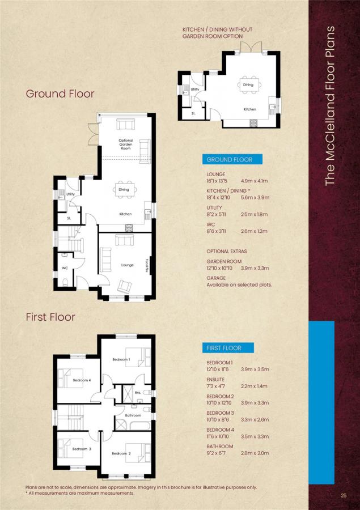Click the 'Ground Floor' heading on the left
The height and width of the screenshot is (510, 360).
(x=60, y=93)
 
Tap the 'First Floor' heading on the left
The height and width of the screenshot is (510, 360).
(x=50, y=317)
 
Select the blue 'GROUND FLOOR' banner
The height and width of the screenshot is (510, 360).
(x=232, y=159)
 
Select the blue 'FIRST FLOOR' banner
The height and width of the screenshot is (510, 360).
(x=228, y=348)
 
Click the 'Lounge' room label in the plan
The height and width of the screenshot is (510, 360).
(x=127, y=265)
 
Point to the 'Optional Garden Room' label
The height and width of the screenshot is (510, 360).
(x=126, y=144)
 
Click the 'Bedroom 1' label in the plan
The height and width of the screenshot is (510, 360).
(x=121, y=359)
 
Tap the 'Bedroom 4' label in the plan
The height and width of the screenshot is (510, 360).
(x=82, y=380)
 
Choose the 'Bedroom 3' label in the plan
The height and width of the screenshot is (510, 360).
(x=82, y=449)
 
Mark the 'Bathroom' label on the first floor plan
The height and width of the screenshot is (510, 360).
(x=133, y=415)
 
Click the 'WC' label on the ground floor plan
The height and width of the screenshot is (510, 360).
(x=65, y=268)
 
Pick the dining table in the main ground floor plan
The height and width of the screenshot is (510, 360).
(x=124, y=190)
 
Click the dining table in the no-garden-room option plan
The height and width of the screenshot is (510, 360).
(x=248, y=85)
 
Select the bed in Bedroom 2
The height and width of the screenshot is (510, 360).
(x=138, y=453)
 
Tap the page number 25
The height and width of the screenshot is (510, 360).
(x=344, y=496)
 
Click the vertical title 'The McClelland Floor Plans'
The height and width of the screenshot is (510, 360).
(x=330, y=106)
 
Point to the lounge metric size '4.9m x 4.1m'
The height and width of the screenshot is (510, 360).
(x=254, y=181)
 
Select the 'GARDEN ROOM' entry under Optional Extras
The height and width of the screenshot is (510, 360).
(x=225, y=261)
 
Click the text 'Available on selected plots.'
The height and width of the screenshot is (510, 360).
(x=239, y=284)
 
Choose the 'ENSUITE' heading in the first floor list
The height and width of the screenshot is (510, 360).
(x=215, y=379)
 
